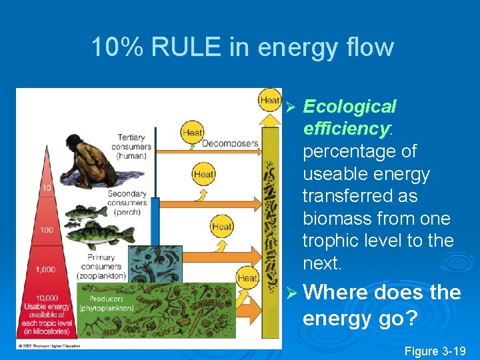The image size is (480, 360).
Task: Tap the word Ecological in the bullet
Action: click(x=349, y=107)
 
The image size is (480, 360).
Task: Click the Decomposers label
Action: click(x=230, y=143)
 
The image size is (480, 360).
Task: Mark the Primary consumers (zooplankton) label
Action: click(x=102, y=266)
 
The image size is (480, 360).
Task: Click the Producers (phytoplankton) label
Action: click(x=107, y=304)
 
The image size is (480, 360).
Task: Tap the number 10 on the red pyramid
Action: click(x=46, y=188)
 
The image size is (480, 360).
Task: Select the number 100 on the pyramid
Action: click(x=47, y=230)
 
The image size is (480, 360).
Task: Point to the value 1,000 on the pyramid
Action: click(x=47, y=269)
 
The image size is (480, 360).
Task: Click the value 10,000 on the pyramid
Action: click(x=46, y=298)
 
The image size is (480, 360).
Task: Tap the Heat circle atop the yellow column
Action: click(x=270, y=101)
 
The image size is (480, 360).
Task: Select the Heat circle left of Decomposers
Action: click(x=192, y=133)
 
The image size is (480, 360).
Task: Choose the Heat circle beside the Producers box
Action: click(x=247, y=277)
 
